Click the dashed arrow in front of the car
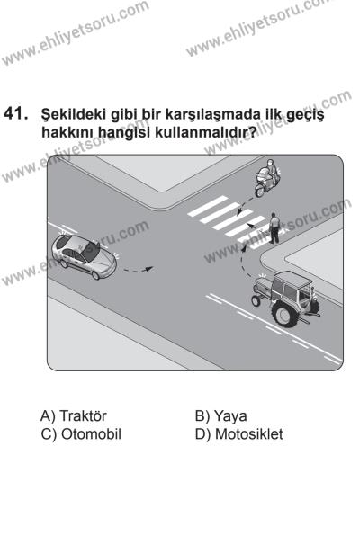(137, 269)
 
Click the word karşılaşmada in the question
(155, 119)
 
